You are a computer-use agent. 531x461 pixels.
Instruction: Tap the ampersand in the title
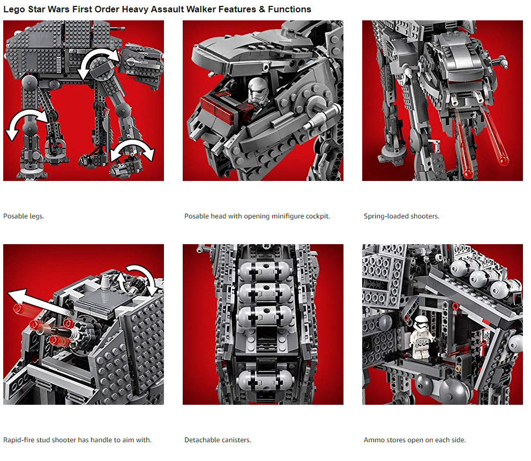point(262,10)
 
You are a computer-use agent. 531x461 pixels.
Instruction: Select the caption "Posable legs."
point(24,216)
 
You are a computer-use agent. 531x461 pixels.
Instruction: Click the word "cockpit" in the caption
point(317,216)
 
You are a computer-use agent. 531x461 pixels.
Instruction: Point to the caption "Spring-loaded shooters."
point(402,216)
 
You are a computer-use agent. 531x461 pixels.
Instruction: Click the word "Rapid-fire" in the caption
point(19,440)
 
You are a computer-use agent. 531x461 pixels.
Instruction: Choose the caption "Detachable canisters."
point(218,440)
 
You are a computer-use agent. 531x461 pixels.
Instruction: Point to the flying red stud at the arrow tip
point(18,308)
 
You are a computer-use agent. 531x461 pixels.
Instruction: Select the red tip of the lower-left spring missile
point(468,173)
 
